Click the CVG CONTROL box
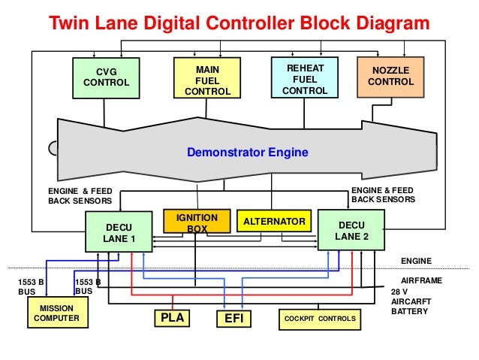[x=105, y=77]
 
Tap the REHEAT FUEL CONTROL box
[x=304, y=79]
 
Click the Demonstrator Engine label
[x=247, y=153]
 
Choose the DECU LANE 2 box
[x=351, y=231]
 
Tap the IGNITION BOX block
[x=196, y=222]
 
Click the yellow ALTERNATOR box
[x=273, y=222]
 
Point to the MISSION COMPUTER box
[x=56, y=313]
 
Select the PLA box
[x=173, y=319]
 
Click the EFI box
[x=231, y=319]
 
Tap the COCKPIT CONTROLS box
[x=319, y=319]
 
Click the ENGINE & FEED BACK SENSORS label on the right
[x=383, y=196]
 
